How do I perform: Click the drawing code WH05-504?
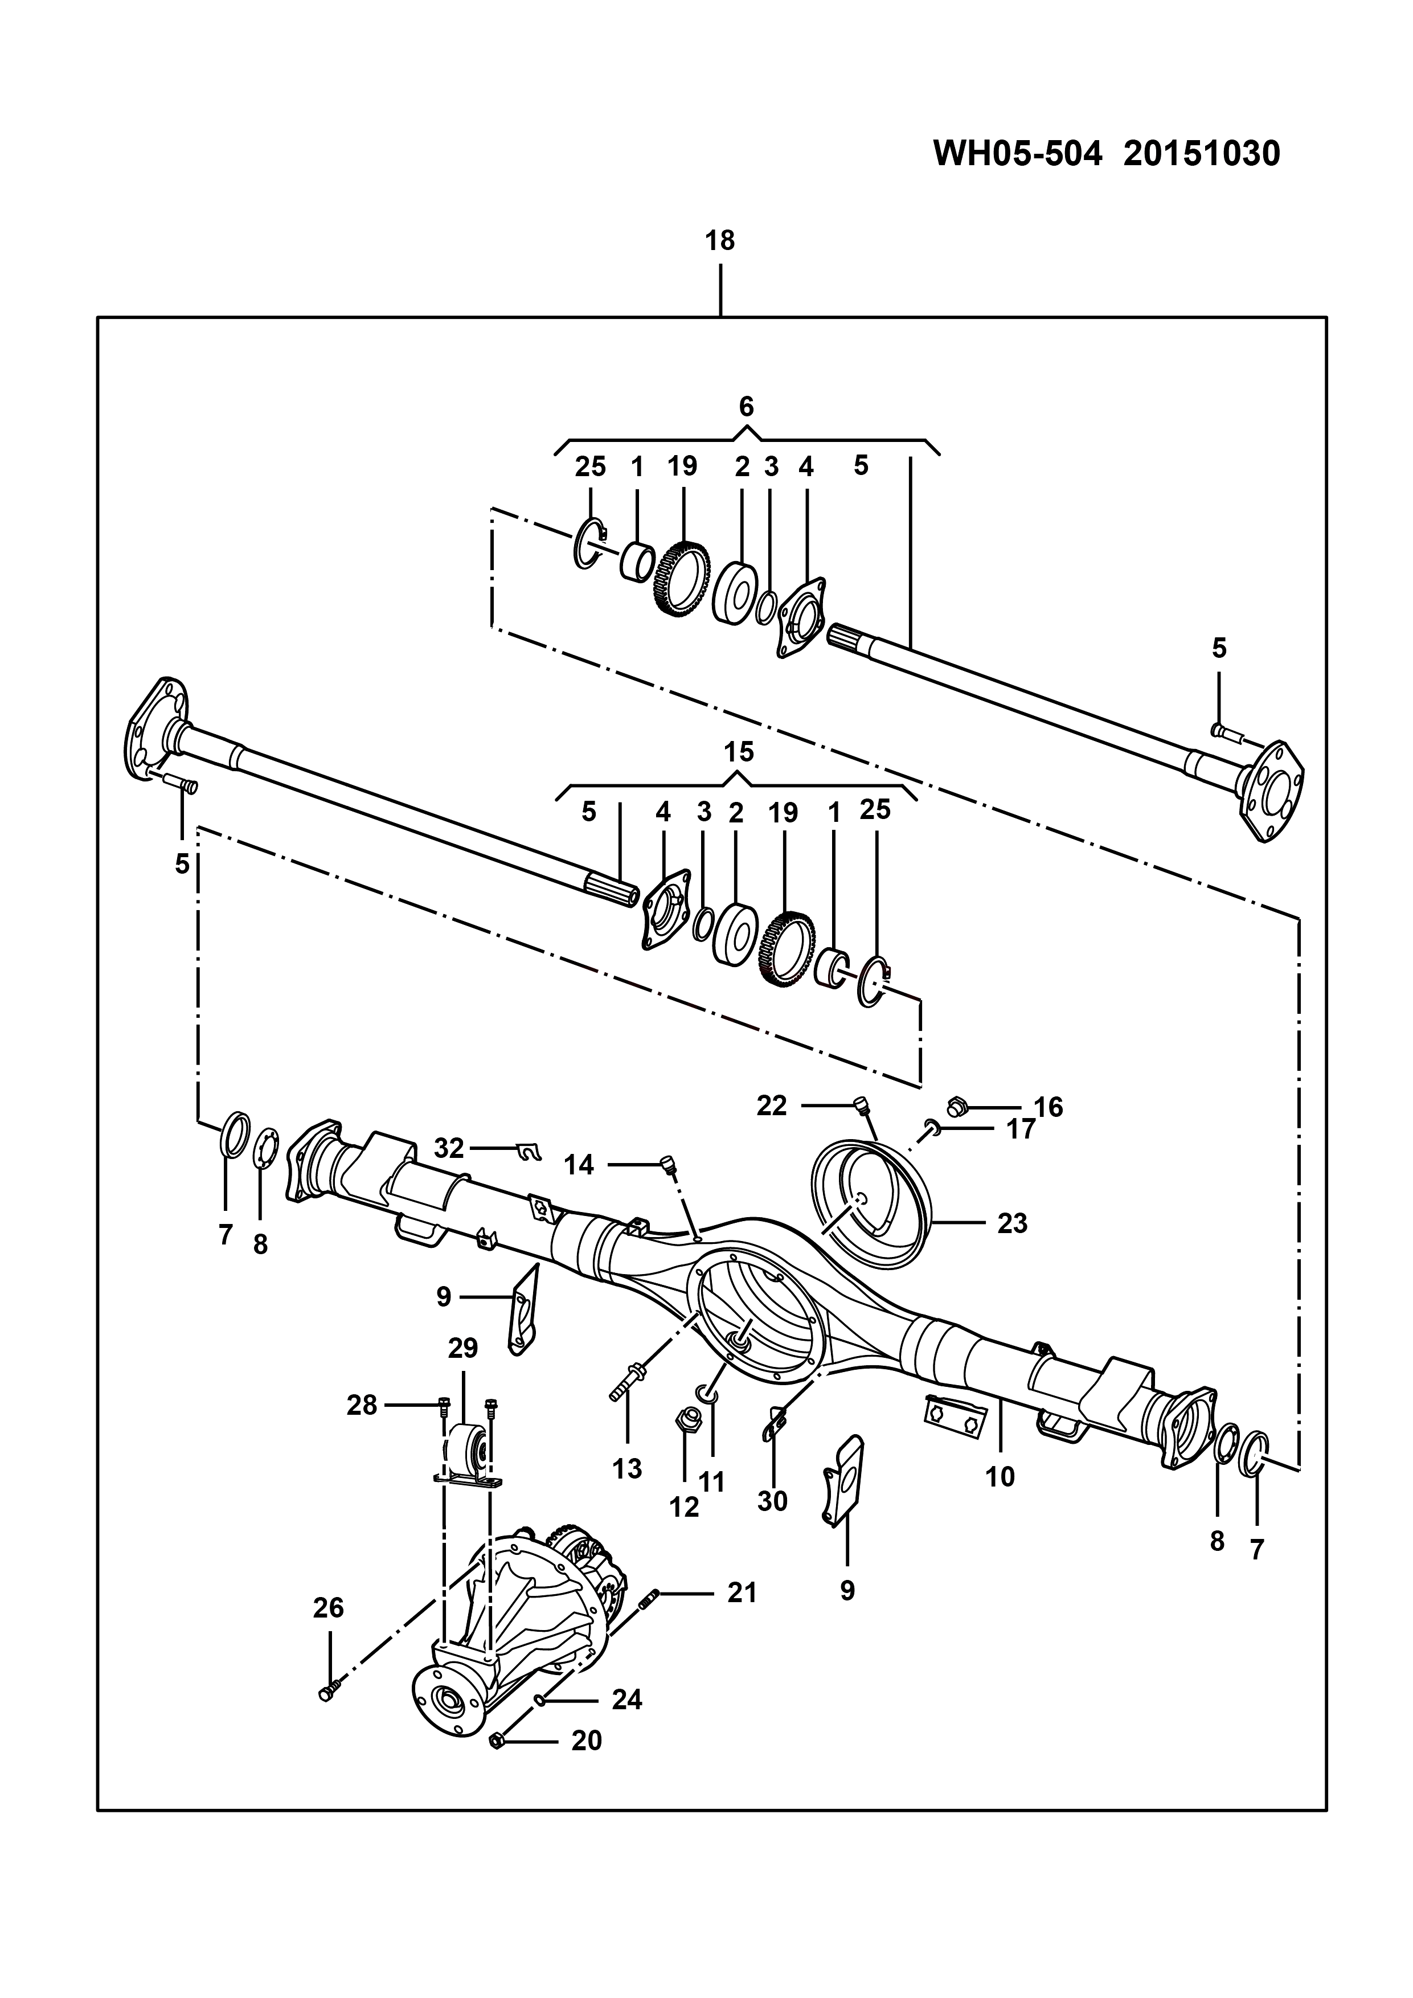pos(1018,154)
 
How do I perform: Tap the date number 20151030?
pos(1202,154)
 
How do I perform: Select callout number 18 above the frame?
pos(720,240)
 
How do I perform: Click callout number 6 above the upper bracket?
pos(746,407)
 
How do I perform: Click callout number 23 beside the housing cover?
pos(1012,1223)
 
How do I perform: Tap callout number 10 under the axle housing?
pos(1001,1477)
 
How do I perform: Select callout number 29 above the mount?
pos(463,1348)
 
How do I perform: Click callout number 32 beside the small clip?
pos(449,1149)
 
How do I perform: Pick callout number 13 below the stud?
pos(626,1468)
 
